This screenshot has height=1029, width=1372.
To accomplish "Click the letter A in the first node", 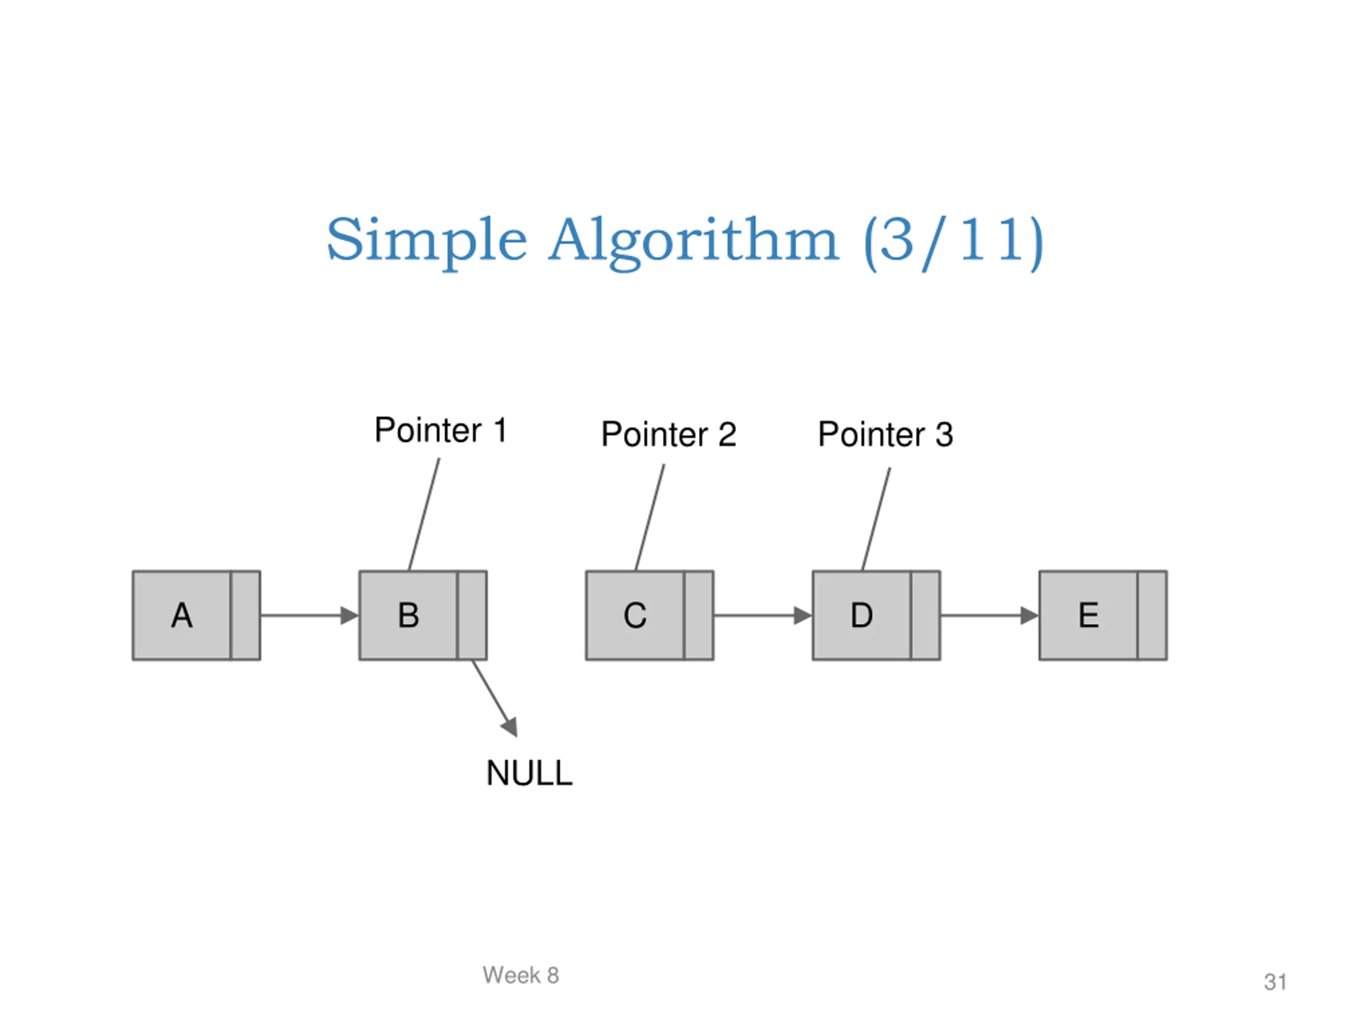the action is click(x=182, y=616).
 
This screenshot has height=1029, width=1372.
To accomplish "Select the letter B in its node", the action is click(x=408, y=616).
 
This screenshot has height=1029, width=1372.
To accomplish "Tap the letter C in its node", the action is click(x=635, y=616).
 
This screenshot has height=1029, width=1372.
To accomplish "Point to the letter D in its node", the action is click(x=862, y=616).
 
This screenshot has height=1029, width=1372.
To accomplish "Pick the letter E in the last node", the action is click(x=1088, y=616).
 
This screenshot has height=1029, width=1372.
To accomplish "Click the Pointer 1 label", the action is click(x=441, y=430).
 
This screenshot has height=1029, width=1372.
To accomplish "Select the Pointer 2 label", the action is click(x=669, y=434).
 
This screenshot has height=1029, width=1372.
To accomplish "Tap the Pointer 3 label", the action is click(x=885, y=434).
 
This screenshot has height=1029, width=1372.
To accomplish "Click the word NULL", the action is click(x=529, y=773).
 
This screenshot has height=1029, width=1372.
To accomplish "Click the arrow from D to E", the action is click(x=990, y=615).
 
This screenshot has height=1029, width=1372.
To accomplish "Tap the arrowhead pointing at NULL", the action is click(x=510, y=726).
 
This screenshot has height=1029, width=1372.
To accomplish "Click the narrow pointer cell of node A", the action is click(x=245, y=615).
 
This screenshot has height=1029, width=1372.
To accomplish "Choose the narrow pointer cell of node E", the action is click(x=1152, y=615).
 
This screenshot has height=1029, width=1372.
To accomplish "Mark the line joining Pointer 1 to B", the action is click(x=424, y=514).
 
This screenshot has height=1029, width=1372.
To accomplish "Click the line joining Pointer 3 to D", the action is click(x=876, y=519).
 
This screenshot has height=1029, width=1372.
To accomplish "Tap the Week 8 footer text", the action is click(x=521, y=975).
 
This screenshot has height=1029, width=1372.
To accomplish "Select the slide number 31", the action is click(x=1275, y=982).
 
